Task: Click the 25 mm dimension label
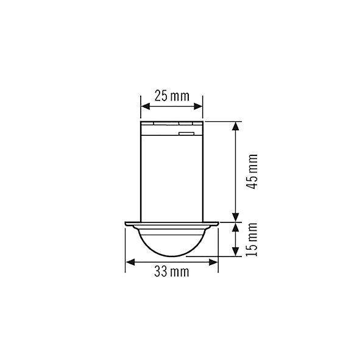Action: [172, 96]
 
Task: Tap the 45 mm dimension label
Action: [252, 172]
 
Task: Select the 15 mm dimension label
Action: [252, 239]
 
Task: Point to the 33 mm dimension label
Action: [172, 272]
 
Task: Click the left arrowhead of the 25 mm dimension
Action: [145, 107]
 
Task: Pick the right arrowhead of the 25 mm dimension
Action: [199, 107]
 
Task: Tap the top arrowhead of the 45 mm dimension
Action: [236, 126]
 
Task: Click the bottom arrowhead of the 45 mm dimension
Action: [236, 217]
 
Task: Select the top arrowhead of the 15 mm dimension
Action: [236, 227]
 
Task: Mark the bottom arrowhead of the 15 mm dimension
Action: [236, 252]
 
